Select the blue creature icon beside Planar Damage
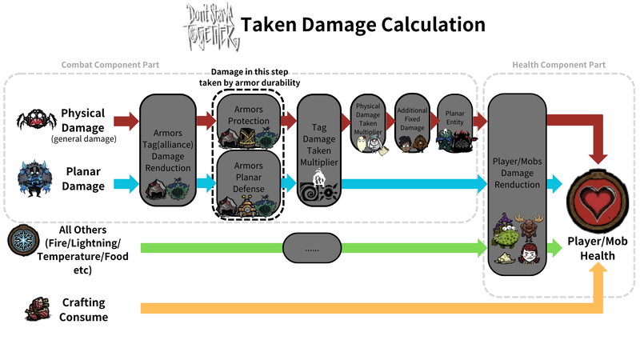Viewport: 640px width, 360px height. coord(36,178)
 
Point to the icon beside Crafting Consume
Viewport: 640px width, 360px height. coord(34,308)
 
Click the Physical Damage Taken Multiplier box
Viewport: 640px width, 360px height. coord(369,124)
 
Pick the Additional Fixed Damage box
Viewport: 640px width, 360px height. coord(412,124)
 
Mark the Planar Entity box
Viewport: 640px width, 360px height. coord(454,124)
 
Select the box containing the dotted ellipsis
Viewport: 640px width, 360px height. coord(313,250)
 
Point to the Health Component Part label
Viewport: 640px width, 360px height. coord(558,65)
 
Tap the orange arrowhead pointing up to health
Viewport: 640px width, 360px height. coord(598,272)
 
